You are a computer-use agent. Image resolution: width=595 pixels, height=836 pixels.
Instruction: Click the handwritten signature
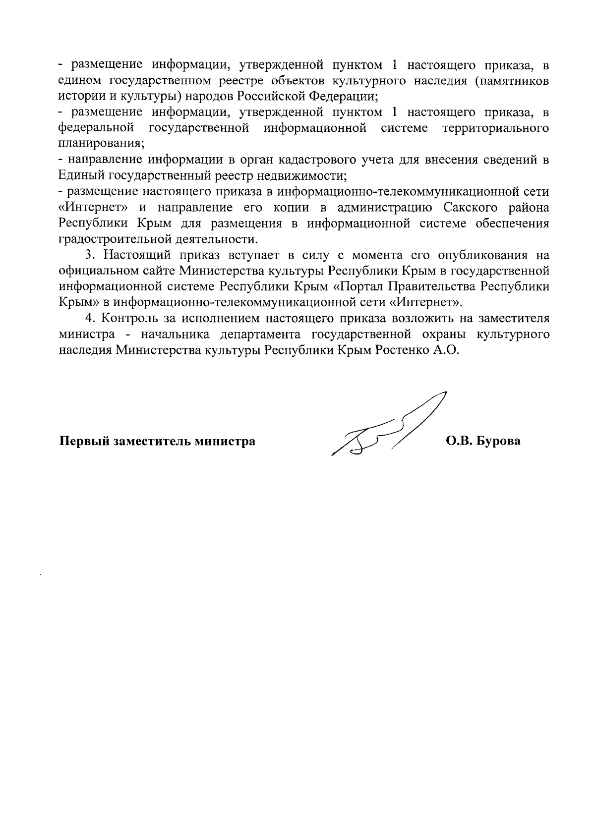pos(387,428)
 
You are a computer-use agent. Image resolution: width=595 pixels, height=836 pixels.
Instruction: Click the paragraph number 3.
pos(89,256)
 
